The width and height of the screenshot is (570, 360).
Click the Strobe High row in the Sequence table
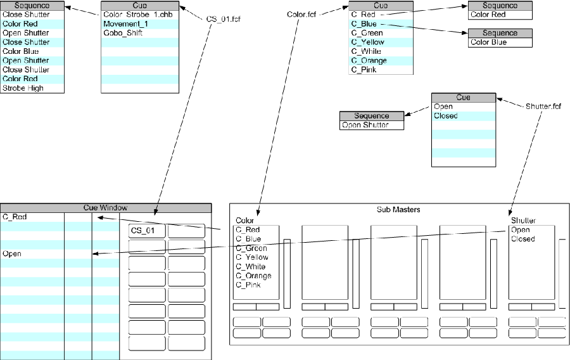23,88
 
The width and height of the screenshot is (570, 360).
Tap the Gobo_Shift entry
122,32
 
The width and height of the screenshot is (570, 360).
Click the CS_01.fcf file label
224,18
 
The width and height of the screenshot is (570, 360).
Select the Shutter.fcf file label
543,106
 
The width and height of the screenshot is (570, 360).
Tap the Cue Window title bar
105,208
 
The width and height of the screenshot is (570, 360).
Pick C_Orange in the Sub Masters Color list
253,276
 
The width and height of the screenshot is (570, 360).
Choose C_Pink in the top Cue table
364,70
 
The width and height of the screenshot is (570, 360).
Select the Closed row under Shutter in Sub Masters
523,239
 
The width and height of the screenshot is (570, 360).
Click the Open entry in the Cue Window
12,254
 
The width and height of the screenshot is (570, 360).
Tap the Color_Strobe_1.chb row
134,15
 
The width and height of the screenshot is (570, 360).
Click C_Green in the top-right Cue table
367,33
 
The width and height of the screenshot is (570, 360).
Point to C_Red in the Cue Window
15,217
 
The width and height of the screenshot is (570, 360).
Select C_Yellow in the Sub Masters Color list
252,257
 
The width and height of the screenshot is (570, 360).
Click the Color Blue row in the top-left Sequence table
20,51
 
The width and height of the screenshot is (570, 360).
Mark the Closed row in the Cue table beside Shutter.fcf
446,116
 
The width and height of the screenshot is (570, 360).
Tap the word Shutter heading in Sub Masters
523,221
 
